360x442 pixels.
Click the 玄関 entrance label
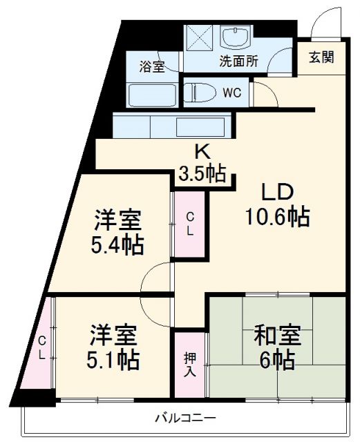click(321, 57)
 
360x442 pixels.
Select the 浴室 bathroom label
click(151, 67)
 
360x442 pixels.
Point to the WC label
click(231, 93)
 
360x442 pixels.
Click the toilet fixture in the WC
click(201, 93)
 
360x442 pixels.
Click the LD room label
click(277, 192)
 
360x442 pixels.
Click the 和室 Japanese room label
click(277, 336)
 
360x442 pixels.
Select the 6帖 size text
click(277, 360)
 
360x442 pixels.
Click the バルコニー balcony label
click(184, 418)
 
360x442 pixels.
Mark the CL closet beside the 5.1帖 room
click(41, 347)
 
